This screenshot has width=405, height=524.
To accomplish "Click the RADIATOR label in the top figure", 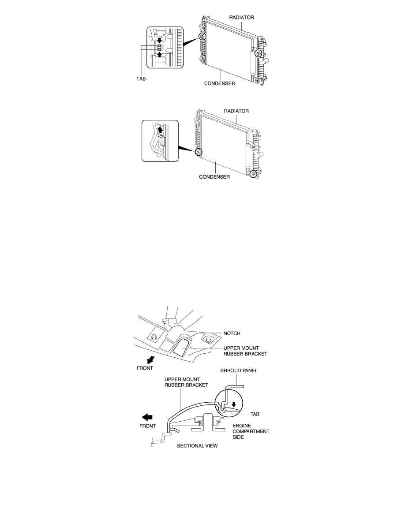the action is coord(241,17).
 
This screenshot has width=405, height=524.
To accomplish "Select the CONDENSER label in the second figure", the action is coord(214,177).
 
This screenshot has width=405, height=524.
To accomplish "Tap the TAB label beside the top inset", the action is coord(141,79).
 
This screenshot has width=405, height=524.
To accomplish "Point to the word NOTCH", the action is coord(232,333).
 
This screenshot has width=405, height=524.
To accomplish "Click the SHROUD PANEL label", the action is coord(239,371).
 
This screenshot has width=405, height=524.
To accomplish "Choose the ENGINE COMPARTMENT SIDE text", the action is coord(251,431).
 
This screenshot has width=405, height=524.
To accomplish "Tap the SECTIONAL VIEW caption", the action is coord(197,445).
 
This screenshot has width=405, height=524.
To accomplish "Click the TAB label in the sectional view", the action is coord(255,414).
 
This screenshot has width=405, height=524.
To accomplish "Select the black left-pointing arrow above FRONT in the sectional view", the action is coord(147,417).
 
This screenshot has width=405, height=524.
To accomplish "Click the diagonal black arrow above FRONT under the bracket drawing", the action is coord(151,359).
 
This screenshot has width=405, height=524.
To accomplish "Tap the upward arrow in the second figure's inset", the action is coord(161,129).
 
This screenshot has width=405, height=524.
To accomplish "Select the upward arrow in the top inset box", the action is coord(161,54).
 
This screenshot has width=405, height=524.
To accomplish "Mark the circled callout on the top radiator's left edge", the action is coord(202,36).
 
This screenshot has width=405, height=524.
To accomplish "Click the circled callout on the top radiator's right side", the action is coord(258,53).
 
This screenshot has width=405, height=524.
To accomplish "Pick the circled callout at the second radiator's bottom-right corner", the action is coord(254,174).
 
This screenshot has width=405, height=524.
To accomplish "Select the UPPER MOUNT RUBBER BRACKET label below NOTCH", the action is coord(245,351).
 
